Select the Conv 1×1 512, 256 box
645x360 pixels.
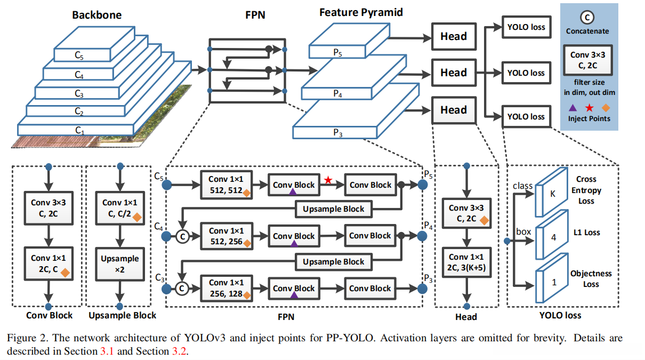coord(226,236)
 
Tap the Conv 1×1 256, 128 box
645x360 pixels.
coord(226,287)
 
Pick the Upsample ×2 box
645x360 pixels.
coord(120,263)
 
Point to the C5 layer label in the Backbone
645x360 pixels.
coord(79,54)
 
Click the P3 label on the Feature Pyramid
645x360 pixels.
coord(338,133)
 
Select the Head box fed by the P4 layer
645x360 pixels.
coord(454,73)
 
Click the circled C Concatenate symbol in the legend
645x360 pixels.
coord(587,18)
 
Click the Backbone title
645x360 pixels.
coord(97,15)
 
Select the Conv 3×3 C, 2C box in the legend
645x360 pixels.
coord(587,60)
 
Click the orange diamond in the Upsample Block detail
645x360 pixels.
coord(137,217)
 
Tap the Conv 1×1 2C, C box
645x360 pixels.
coord(49,263)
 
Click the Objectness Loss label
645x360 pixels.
coord(591,279)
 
